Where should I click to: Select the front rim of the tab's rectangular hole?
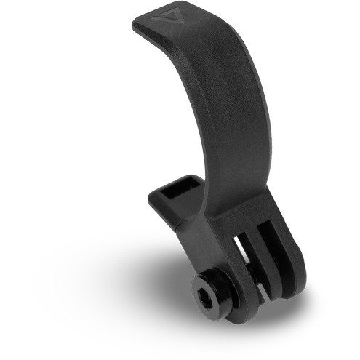coord(179,201)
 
